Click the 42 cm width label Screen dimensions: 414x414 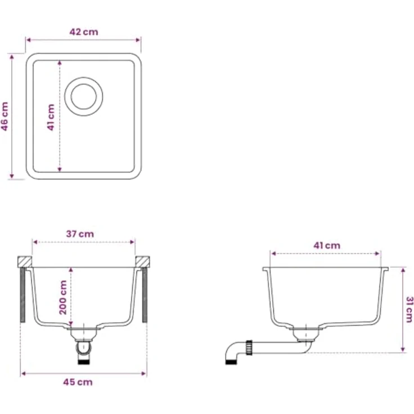coord(84,32)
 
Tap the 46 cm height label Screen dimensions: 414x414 coord(4,116)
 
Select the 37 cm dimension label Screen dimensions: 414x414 coord(80,234)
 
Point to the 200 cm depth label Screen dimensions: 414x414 coord(63,298)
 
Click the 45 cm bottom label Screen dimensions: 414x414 coord(78,382)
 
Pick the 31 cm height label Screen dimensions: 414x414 coord(409,309)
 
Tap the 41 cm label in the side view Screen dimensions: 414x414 coord(327,246)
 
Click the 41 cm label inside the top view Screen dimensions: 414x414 coord(51,117)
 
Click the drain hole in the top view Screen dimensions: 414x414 coord(84,96)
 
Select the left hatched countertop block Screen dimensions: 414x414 coord(25,262)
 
